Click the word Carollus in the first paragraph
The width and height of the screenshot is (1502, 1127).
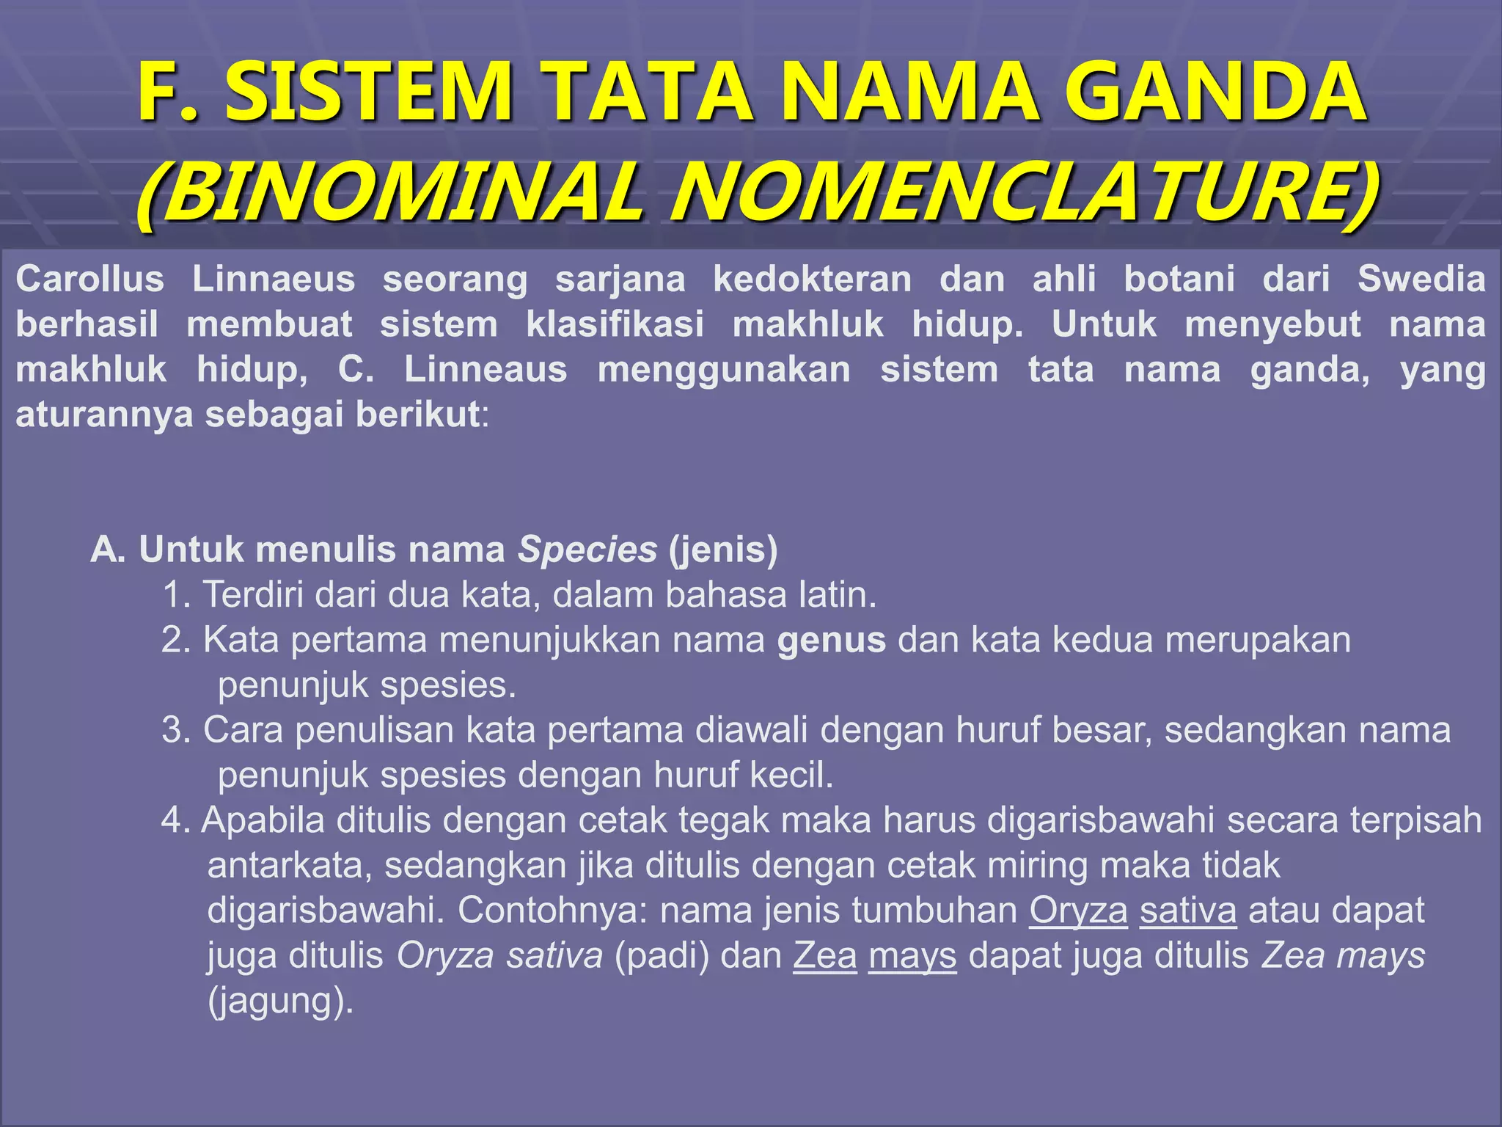89,280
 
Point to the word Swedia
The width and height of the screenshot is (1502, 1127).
1421,280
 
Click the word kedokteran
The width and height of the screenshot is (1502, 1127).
812,280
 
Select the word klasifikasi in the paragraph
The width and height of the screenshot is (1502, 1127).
615,325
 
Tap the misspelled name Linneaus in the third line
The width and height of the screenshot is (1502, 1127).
486,370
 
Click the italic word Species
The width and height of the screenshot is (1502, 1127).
587,550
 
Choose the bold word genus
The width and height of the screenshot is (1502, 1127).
831,640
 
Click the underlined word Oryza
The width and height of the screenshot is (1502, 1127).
1078,911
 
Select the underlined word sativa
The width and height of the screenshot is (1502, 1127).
1188,911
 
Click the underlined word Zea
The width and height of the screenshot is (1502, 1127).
825,956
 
